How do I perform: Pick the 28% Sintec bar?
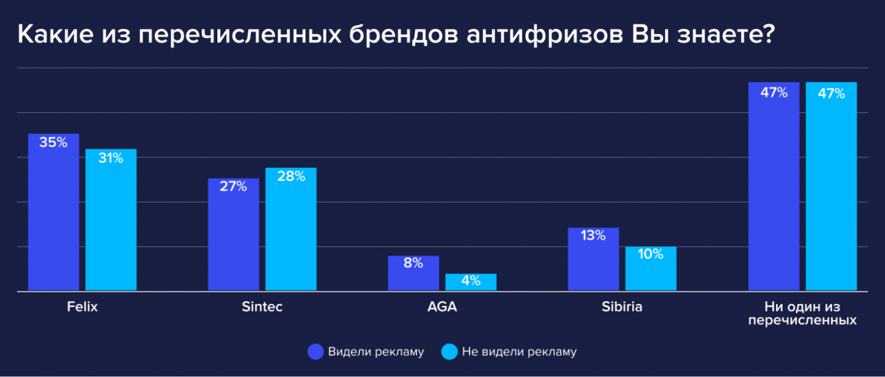291,229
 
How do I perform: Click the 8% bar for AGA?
413,273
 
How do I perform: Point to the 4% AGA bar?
471,282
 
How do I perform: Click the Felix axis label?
82,307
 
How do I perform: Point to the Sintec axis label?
262,307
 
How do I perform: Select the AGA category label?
442,307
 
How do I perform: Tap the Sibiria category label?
622,307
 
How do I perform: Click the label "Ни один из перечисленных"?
802,313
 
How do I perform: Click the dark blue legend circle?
315,352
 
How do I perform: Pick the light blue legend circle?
450,352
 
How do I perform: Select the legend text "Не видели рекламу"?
519,352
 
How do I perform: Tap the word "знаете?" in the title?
726,34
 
